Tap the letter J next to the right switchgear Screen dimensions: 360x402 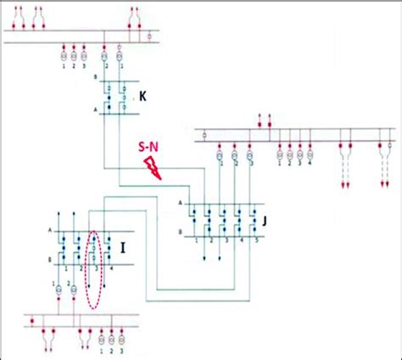pyautogui.click(x=265, y=221)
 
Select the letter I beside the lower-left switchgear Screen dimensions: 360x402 pyautogui.click(x=123, y=248)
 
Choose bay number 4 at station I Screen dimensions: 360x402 pyautogui.click(x=110, y=268)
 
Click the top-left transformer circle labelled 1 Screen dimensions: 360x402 pyautogui.click(x=64, y=56)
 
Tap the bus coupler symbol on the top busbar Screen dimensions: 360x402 pyautogui.click(x=150, y=37)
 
